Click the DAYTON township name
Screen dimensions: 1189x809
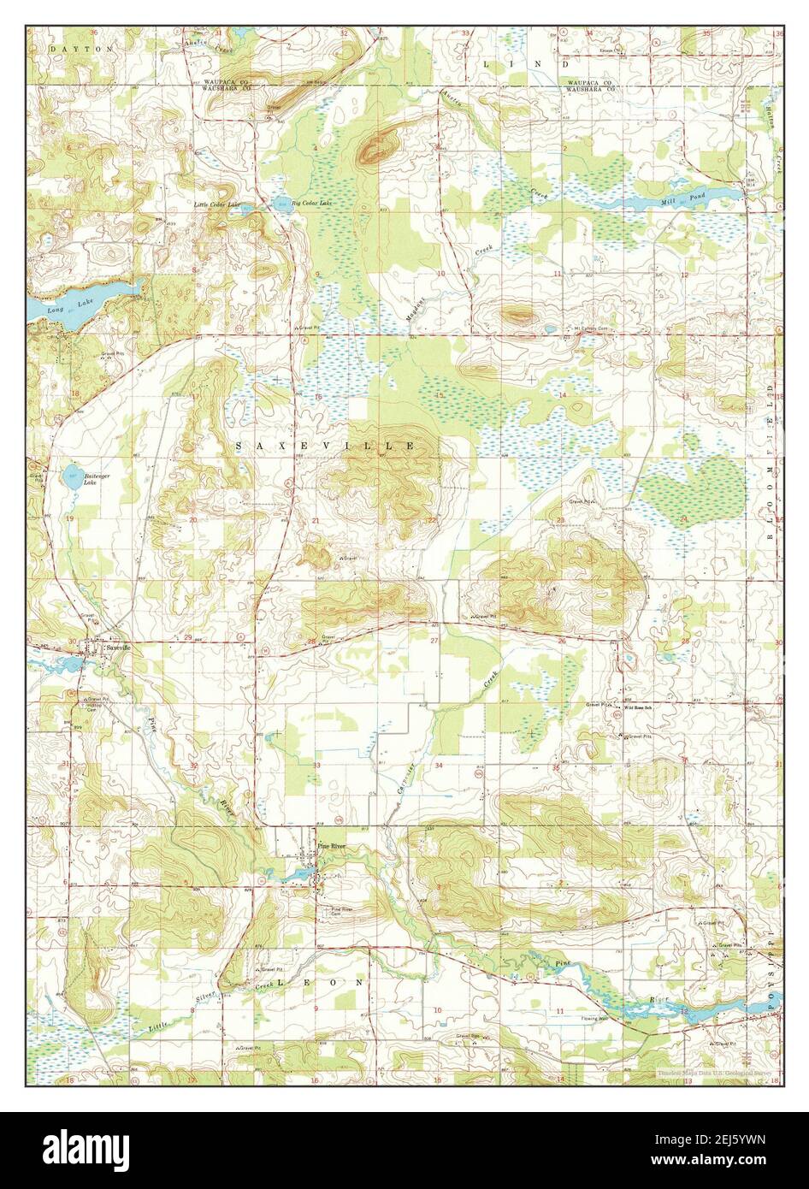[80, 50]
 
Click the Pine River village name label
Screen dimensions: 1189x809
[330, 844]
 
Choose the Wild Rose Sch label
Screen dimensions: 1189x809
[638, 707]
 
